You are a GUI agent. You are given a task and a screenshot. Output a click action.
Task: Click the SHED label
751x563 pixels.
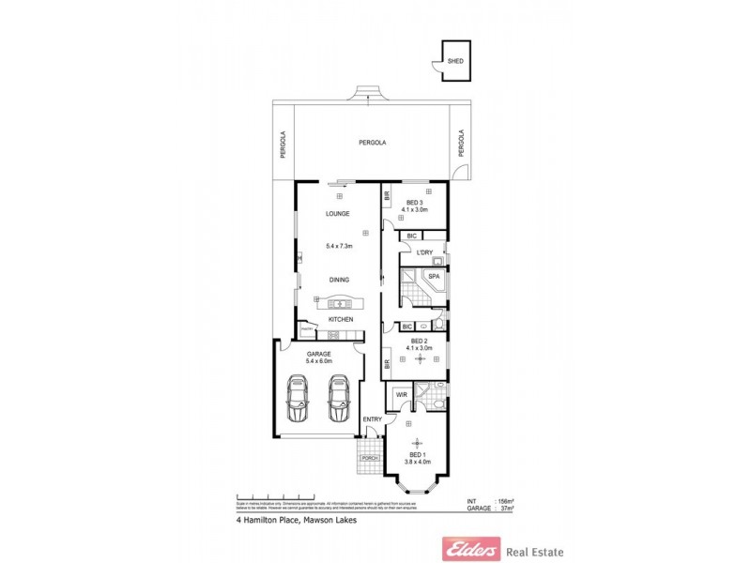(455, 60)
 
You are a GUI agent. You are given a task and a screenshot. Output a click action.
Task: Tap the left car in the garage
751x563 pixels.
(298, 399)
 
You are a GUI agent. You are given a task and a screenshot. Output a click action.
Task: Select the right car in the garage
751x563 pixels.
(338, 399)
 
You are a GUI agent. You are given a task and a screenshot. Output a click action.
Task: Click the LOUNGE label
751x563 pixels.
(338, 214)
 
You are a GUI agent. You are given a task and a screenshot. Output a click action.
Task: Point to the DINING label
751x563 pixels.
(339, 280)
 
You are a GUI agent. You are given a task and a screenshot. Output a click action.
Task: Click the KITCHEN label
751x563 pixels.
(340, 321)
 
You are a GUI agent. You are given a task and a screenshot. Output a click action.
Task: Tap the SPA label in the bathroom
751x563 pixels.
(433, 277)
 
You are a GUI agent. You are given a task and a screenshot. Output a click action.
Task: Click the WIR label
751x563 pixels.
(401, 395)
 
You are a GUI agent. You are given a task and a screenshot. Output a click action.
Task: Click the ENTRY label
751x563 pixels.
(373, 418)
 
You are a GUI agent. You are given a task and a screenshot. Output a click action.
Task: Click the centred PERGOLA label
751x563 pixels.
(373, 143)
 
